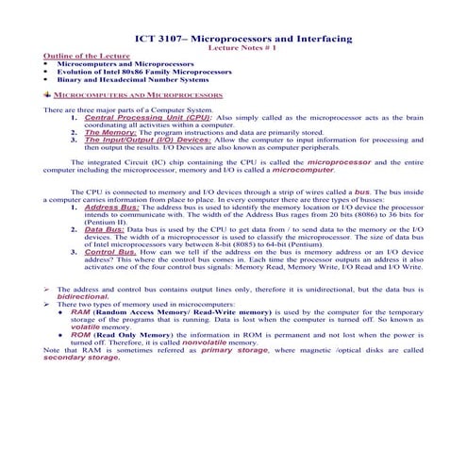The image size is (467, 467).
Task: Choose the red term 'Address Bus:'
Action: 112,206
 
